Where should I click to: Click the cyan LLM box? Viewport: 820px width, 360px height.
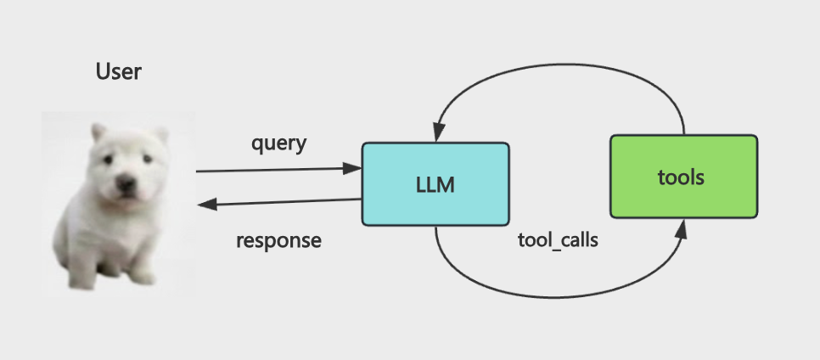pyautogui.click(x=435, y=184)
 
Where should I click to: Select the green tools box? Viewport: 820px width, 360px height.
pyautogui.click(x=684, y=177)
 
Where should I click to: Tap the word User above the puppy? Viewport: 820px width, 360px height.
pyautogui.click(x=119, y=71)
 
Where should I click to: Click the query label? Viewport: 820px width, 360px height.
pyautogui.click(x=278, y=143)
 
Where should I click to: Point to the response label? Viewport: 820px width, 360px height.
pyautogui.click(x=278, y=240)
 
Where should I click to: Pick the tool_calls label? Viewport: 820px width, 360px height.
pyautogui.click(x=558, y=240)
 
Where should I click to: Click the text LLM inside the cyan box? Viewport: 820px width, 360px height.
pyautogui.click(x=435, y=185)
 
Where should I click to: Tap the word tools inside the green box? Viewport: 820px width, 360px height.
pyautogui.click(x=681, y=178)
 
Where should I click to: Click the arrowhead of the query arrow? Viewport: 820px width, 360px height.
pyautogui.click(x=352, y=168)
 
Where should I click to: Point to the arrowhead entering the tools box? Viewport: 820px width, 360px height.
pyautogui.click(x=681, y=230)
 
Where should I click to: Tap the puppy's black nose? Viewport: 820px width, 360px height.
pyautogui.click(x=126, y=183)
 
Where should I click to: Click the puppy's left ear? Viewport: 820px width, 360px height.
pyautogui.click(x=98, y=132)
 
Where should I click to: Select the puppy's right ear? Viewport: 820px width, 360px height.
pyautogui.click(x=161, y=134)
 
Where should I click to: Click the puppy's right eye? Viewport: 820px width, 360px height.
pyautogui.click(x=148, y=159)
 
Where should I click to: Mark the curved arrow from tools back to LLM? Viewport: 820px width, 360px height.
pyautogui.click(x=559, y=65)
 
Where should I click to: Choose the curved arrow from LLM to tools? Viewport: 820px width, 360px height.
pyautogui.click(x=554, y=298)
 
